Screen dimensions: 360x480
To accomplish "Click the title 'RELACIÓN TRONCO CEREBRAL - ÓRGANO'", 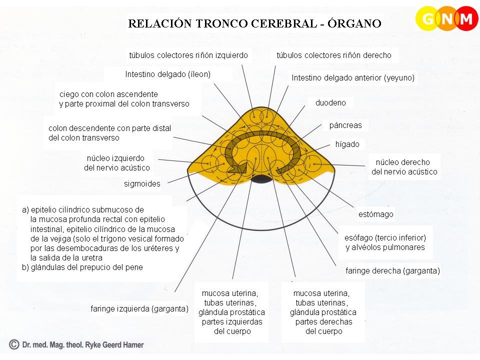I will [255, 23].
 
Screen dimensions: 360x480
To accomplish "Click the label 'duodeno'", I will [330, 103].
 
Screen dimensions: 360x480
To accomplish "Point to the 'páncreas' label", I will [345, 125].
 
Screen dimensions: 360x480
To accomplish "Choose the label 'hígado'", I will [347, 144].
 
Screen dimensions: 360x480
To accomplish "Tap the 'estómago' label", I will [376, 214].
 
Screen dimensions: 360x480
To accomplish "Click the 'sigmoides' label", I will [142, 184].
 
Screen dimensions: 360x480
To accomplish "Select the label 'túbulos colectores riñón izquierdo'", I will [188, 55].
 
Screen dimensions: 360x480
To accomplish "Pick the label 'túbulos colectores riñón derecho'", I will [334, 55].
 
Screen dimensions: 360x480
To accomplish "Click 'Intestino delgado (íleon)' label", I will [167, 74].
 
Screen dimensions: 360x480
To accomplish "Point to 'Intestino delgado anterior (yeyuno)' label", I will [353, 78].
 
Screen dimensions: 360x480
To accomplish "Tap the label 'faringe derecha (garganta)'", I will [392, 271].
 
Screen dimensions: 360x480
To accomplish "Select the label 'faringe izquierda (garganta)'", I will [139, 308].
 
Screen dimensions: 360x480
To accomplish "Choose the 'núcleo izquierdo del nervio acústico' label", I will [116, 163].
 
